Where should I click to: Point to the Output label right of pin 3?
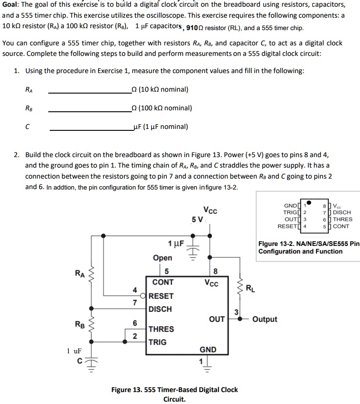click(264, 319)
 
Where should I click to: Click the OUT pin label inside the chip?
click(217, 319)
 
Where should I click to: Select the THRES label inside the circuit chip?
click(161, 329)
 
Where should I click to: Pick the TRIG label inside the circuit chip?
click(158, 342)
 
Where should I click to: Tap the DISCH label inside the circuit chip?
click(160, 309)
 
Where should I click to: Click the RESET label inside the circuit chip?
click(161, 296)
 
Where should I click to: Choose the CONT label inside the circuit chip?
click(163, 282)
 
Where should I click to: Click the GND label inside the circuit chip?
click(207, 350)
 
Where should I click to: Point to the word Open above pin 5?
click(163, 258)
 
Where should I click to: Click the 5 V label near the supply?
click(197, 220)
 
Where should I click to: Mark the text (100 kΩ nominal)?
click(164, 108)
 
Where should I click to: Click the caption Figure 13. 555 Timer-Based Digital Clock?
click(174, 390)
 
